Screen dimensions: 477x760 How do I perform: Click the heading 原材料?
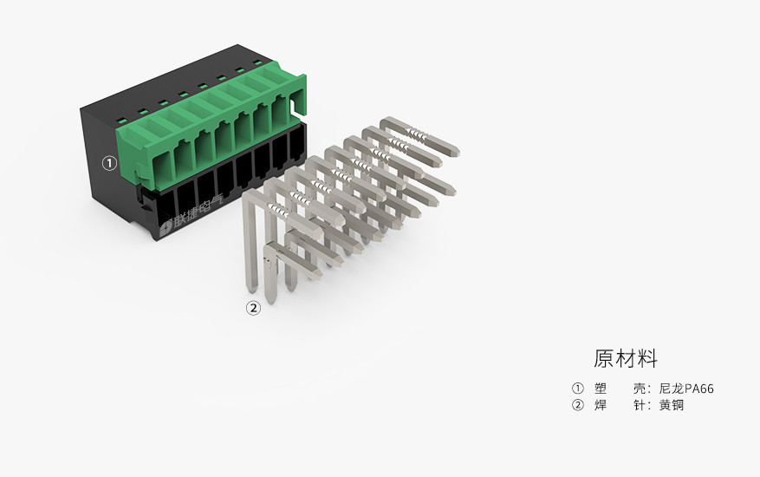tap(626, 358)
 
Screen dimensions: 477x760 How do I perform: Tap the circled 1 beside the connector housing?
tap(109, 162)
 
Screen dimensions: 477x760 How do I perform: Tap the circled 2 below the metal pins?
tap(253, 307)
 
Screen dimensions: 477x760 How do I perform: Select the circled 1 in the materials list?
tap(578, 388)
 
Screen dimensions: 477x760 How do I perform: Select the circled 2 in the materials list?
tap(578, 405)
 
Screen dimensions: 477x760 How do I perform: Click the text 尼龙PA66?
tap(686, 388)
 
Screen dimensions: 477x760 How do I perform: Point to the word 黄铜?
tap(672, 405)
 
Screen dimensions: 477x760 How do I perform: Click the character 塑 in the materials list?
tap(601, 388)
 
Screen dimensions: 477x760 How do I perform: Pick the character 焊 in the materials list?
tap(601, 405)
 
